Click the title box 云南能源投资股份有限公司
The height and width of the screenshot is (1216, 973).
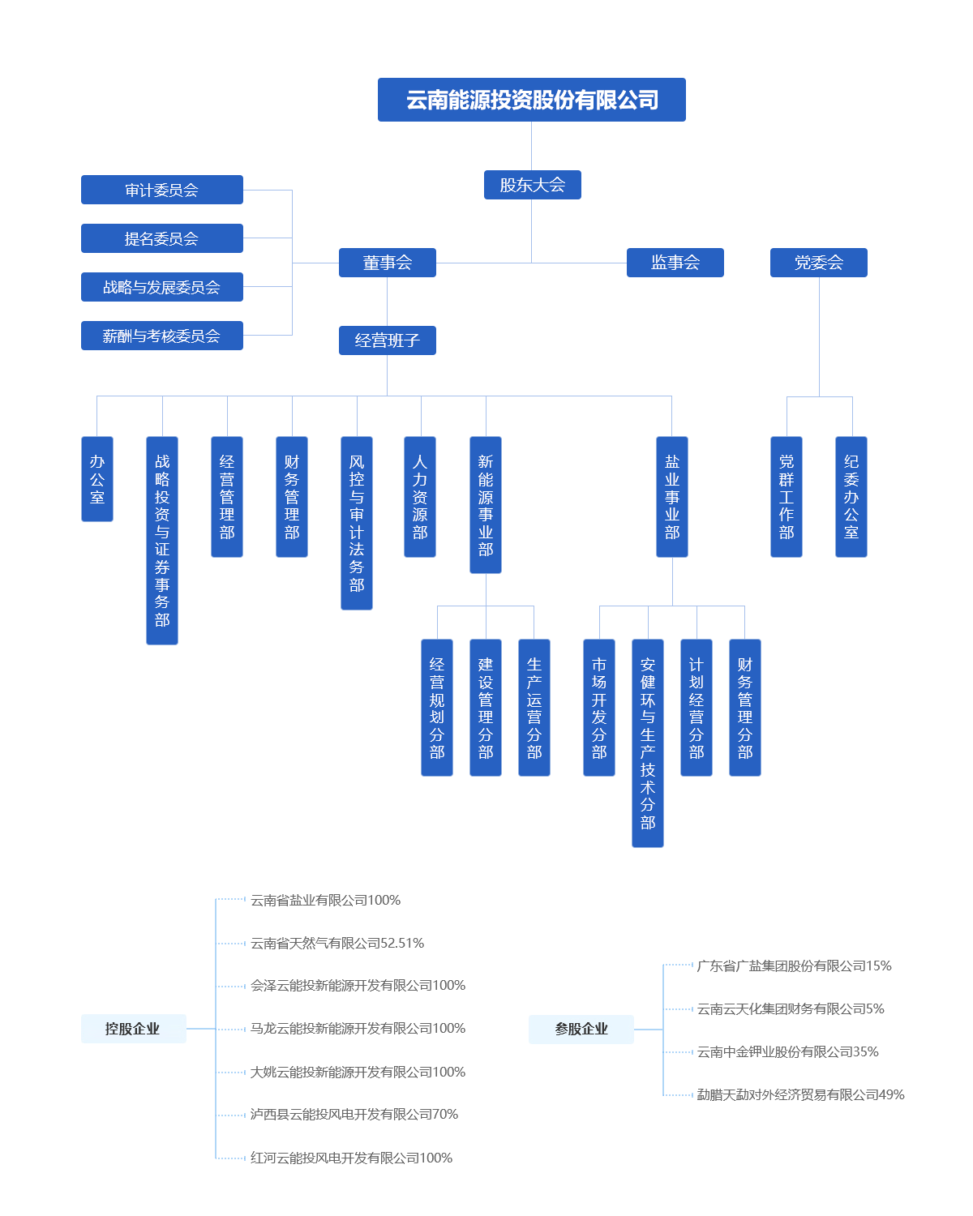[x=531, y=100]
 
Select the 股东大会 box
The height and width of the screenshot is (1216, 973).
[x=532, y=185]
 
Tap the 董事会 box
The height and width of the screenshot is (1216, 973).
[x=387, y=263]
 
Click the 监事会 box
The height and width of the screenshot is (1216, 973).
[x=675, y=263]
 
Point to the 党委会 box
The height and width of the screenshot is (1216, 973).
[x=818, y=263]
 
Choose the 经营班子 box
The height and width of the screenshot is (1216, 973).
[x=387, y=340]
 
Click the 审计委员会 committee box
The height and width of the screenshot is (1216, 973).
[x=161, y=190]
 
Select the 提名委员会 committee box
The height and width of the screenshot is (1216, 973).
[x=161, y=238]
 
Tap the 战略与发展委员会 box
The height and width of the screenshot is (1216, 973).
[x=161, y=287]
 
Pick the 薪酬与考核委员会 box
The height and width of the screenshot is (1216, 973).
[x=161, y=336]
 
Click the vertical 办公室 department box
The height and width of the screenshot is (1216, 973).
[x=97, y=479]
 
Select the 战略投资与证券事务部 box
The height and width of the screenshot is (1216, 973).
[x=162, y=541]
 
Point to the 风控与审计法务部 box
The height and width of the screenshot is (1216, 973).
[x=357, y=523]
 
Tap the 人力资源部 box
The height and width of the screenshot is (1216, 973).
[x=419, y=497]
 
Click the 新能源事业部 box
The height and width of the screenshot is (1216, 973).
[x=486, y=505]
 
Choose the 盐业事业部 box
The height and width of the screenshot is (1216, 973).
[x=672, y=497]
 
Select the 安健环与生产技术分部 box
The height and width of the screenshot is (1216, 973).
[x=648, y=743]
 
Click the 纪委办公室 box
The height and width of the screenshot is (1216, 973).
[x=851, y=497]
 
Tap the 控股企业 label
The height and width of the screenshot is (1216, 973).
[x=133, y=1029]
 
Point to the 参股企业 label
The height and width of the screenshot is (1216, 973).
[x=581, y=1030]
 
